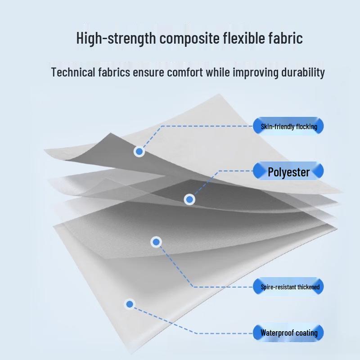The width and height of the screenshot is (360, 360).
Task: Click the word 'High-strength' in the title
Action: pos(116,38)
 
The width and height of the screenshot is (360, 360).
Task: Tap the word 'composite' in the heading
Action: pos(189,39)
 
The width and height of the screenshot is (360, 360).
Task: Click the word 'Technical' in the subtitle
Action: pos(73,72)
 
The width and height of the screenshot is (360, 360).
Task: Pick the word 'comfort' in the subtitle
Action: pos(185,72)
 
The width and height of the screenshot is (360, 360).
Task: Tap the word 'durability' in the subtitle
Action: pos(303,73)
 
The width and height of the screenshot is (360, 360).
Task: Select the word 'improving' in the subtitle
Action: pos(256,73)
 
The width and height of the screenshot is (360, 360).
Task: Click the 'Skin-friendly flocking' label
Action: pos(288,126)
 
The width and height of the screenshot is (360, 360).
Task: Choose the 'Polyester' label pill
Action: pos(288,171)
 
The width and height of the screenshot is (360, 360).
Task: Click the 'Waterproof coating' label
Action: pos(288,333)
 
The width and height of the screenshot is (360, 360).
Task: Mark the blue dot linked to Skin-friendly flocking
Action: pos(139,151)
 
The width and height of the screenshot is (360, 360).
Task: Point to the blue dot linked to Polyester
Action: pos(189,199)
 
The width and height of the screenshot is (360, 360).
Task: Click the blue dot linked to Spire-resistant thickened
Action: pos(156,242)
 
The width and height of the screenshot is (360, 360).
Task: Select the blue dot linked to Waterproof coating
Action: pos(130,304)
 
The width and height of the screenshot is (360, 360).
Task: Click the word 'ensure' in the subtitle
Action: pos(148,73)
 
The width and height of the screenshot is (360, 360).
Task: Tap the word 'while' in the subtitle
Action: pos(218,72)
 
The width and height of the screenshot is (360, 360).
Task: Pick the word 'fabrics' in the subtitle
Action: pos(114,72)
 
